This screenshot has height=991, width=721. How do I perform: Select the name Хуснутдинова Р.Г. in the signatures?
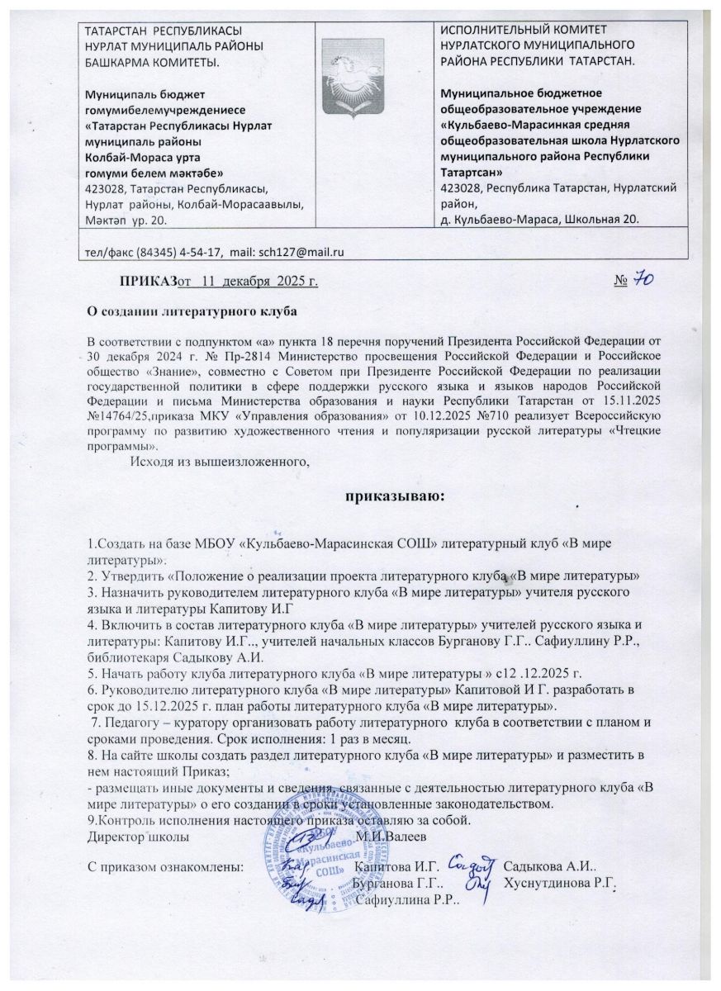point(561,884)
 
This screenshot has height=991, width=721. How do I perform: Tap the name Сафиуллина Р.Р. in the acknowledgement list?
point(414,900)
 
